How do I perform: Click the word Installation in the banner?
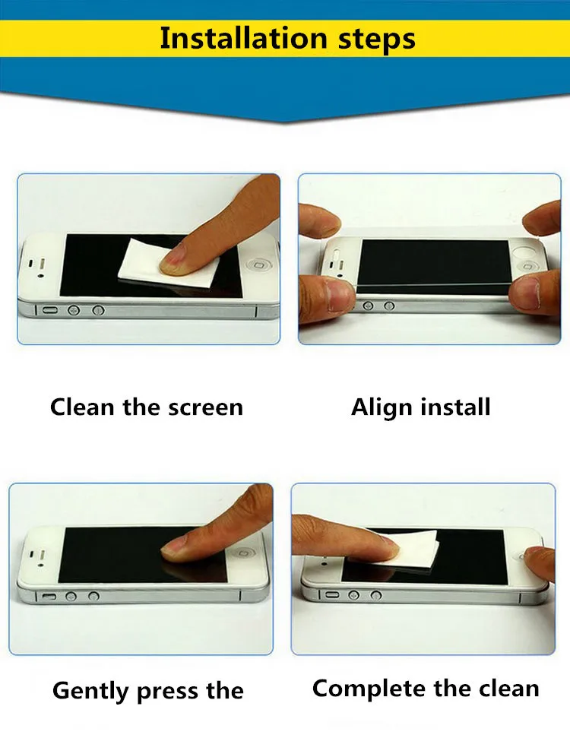(x=243, y=38)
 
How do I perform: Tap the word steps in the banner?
(x=376, y=40)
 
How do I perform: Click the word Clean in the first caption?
(x=82, y=407)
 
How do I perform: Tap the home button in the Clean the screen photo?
(x=258, y=265)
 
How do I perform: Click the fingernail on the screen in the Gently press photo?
(x=175, y=546)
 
